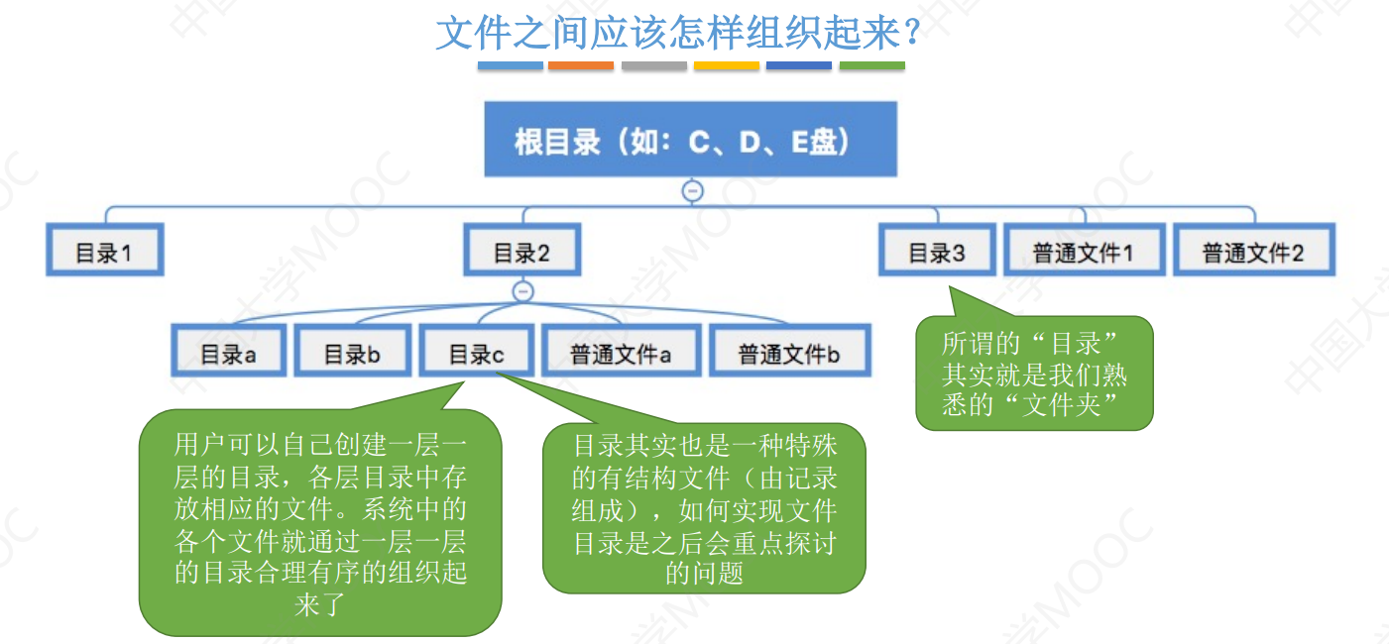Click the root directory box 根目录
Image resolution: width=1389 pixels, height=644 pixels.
[690, 140]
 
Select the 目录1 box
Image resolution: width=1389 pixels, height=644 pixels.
[104, 253]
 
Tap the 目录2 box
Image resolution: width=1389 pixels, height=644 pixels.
[522, 253]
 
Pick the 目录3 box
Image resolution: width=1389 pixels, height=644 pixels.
[937, 253]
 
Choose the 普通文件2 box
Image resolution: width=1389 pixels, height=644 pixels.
[1253, 253]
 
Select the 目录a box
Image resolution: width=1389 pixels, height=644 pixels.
[228, 354]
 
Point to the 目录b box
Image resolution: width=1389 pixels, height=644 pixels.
[352, 354]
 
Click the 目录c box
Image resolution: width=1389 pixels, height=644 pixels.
[476, 354]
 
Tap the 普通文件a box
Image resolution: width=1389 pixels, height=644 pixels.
[621, 354]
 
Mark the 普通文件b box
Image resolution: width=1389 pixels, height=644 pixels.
[789, 354]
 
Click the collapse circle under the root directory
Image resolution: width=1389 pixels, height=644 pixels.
[693, 191]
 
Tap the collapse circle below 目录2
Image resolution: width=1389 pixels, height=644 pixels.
[523, 291]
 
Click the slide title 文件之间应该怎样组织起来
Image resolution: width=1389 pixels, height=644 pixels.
[680, 35]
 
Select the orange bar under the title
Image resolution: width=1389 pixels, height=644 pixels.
[581, 66]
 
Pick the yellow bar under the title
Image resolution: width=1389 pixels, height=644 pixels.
[727, 66]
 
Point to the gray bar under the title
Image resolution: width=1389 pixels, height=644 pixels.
[654, 66]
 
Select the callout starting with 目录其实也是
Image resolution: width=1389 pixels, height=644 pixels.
[705, 509]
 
